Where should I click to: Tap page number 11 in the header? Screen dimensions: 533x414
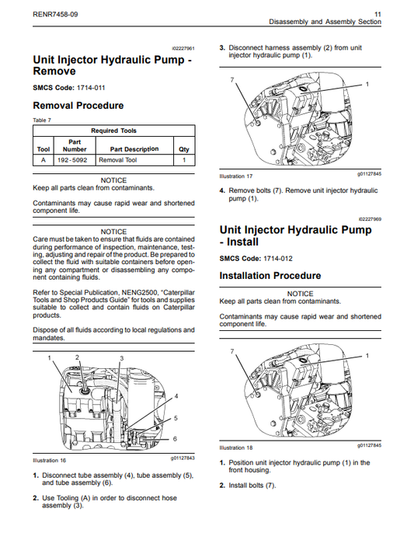click(377, 13)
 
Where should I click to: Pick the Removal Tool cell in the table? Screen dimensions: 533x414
click(117, 160)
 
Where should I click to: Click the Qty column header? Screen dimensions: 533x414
click(184, 148)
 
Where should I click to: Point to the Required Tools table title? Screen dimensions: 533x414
click(114, 131)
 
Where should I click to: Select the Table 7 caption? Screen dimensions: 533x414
click(40, 120)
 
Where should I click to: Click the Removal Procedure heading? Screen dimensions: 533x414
click(78, 106)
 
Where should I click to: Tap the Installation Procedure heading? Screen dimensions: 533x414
click(270, 276)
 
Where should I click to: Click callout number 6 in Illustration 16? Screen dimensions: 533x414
click(176, 439)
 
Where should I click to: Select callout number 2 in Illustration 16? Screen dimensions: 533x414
click(77, 357)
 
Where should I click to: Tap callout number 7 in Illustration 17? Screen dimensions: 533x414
click(232, 80)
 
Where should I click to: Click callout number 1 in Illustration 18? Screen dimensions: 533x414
click(367, 355)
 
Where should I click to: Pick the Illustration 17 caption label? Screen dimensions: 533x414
click(236, 176)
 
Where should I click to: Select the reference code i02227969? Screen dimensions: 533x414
click(370, 220)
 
